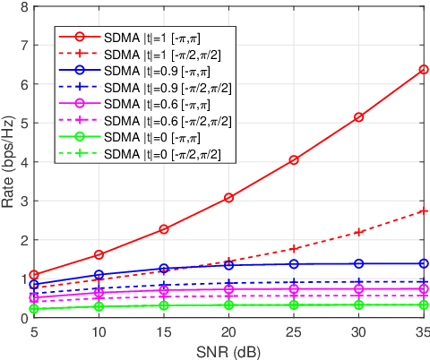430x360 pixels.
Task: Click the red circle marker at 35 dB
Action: (x=424, y=69)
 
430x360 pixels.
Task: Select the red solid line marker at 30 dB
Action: (x=359, y=117)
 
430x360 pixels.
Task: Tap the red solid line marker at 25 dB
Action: (x=294, y=160)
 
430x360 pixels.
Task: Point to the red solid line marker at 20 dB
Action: (x=229, y=198)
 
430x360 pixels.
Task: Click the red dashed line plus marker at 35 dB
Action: (x=424, y=211)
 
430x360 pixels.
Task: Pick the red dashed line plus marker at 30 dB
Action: (x=359, y=233)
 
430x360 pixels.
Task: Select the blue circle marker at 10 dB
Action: (x=99, y=275)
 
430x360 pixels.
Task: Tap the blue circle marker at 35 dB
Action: (x=424, y=263)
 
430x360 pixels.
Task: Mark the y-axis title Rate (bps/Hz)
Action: (x=8, y=162)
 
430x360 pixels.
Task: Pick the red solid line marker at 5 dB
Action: (x=34, y=275)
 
